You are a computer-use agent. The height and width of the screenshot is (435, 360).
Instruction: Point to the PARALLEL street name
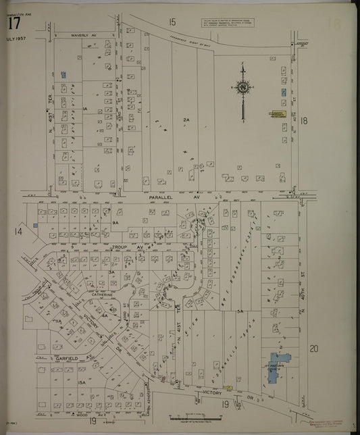click(x=157, y=197)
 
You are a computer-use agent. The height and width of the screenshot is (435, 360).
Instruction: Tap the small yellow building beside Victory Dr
click(x=228, y=388)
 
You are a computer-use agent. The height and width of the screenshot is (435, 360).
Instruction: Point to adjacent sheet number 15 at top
click(x=172, y=23)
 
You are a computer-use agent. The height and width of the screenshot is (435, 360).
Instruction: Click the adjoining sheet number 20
click(x=313, y=349)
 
